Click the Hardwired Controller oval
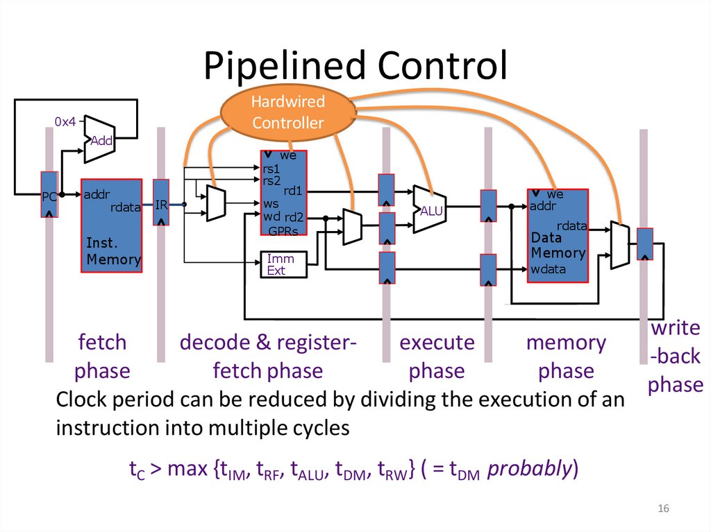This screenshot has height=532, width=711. click(287, 113)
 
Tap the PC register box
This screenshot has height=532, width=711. click(49, 195)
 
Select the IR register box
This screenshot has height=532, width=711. click(161, 203)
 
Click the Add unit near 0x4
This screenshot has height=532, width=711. click(99, 139)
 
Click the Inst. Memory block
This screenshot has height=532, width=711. click(112, 225)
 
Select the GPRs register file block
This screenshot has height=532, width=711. click(284, 194)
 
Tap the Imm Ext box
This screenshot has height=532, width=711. click(281, 264)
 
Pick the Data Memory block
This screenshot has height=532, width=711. click(558, 236)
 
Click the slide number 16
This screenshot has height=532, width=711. click(663, 510)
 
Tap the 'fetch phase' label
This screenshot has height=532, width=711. click(102, 357)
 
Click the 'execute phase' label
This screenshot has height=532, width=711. click(437, 357)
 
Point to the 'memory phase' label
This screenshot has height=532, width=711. click(566, 357)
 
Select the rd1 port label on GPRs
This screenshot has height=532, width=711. click(292, 191)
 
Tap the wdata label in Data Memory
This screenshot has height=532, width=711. click(549, 269)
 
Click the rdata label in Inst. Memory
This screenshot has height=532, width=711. click(126, 207)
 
